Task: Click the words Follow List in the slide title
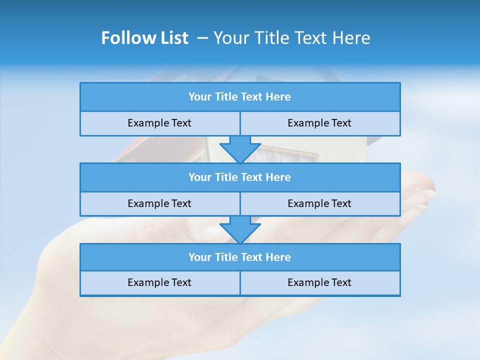tap(144, 38)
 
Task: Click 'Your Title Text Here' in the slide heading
tap(291, 38)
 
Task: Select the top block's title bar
tap(239, 97)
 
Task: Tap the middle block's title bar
tap(239, 177)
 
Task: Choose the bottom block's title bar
tap(239, 257)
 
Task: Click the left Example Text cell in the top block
tap(159, 123)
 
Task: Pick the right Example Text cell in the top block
tap(319, 123)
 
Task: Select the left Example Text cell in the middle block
tap(159, 203)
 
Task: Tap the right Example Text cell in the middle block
tap(319, 203)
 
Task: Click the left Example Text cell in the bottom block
tap(159, 282)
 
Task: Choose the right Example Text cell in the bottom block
tap(319, 282)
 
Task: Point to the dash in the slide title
tap(203, 38)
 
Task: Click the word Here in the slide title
tap(353, 38)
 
